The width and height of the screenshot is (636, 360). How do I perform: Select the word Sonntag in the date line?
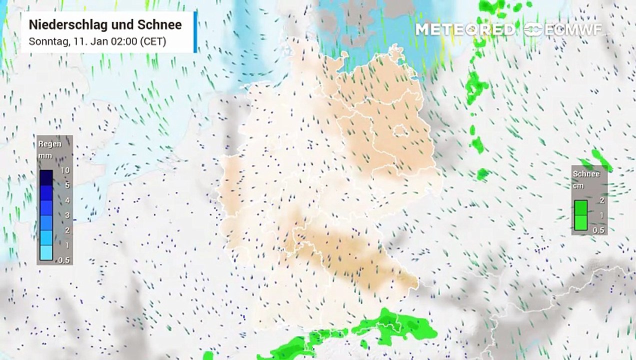click(x=45, y=41)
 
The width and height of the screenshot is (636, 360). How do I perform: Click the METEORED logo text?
click(x=465, y=29)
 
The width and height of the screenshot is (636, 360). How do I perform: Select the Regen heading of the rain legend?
click(x=50, y=144)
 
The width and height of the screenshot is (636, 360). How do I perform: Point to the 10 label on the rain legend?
click(x=65, y=170)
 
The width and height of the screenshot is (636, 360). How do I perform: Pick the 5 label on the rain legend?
click(x=66, y=185)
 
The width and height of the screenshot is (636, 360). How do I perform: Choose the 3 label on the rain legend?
click(x=66, y=215)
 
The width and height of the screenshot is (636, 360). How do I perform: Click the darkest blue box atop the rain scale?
click(x=46, y=177)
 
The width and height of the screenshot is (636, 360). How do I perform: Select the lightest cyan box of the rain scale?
click(x=46, y=252)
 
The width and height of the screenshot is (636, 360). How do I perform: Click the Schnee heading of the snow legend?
click(x=586, y=174)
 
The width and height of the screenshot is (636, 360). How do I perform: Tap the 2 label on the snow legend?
click(x=602, y=200)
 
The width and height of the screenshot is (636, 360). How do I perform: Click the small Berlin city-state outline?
click(x=400, y=131)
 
